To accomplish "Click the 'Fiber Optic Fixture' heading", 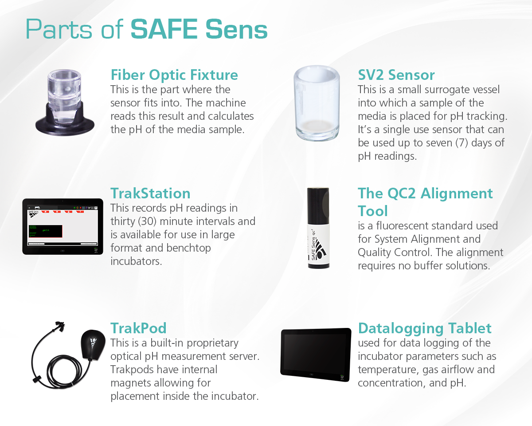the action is [174, 75].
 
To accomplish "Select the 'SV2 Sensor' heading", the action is [396, 75].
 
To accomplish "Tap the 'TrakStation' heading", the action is [150, 193].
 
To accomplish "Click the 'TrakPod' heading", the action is [138, 328].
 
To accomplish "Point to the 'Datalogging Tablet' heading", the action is [425, 328].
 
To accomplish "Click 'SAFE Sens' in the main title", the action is [199, 29].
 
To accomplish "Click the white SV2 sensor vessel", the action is [317, 103].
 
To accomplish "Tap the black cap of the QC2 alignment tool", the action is [318, 205].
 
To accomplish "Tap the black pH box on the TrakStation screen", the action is [46, 231].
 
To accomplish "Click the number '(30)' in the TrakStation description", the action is [147, 221].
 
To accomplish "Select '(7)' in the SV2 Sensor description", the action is [462, 143].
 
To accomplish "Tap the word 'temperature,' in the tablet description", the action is [388, 370].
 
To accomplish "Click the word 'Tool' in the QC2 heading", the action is [373, 211].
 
